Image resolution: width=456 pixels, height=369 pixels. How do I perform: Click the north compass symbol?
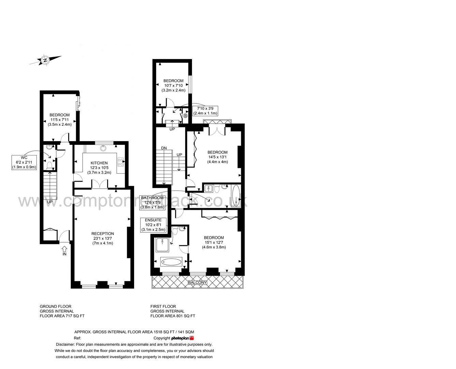45,60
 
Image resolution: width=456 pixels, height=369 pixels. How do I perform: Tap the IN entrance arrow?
64,250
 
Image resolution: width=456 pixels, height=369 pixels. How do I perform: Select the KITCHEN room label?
99,168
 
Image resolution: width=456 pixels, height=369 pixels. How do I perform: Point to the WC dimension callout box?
24,162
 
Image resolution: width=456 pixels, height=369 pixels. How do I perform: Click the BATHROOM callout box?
152,202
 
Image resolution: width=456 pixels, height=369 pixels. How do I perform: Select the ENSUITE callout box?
153,225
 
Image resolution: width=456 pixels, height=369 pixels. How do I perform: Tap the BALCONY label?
197,283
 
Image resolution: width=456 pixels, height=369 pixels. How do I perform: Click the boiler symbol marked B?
186,116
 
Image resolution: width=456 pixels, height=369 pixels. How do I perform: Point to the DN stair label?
164,148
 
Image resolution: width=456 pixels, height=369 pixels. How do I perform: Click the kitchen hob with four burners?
120,162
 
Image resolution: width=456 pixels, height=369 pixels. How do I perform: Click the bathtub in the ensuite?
171,262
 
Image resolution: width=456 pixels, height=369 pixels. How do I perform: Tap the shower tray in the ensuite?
162,245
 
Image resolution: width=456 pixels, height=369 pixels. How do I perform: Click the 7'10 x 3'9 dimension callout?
205,111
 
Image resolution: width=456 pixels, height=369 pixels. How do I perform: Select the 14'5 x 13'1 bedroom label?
217,157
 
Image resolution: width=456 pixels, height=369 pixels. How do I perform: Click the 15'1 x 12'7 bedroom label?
214,242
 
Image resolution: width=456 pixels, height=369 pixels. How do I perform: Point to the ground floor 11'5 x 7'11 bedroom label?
59,120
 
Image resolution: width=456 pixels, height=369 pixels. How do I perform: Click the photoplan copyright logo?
182,338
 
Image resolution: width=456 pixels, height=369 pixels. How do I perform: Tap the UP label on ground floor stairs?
50,202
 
